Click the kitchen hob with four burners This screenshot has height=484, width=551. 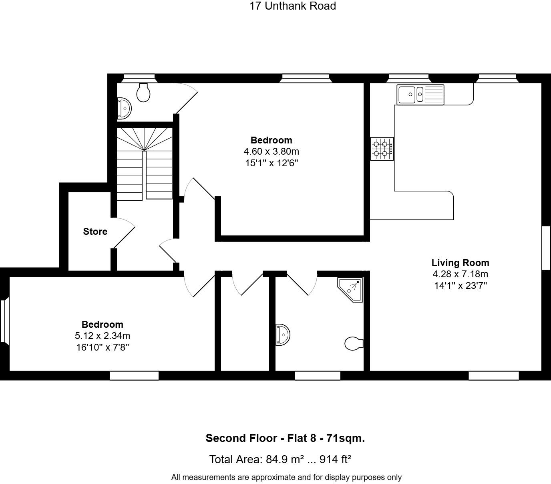(x=382, y=149)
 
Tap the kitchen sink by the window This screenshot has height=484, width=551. (x=420, y=95)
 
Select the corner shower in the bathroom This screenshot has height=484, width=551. (x=350, y=290)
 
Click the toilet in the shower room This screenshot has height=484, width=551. (x=354, y=343)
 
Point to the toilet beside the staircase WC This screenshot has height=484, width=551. (x=143, y=93)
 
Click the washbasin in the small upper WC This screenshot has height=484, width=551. (x=124, y=109)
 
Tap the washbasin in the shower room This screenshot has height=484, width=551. (x=283, y=335)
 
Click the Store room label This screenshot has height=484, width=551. (x=95, y=232)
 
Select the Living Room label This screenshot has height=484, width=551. (x=461, y=263)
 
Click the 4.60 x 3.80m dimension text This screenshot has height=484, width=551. (x=271, y=151)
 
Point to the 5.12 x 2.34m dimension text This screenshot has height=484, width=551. (x=103, y=336)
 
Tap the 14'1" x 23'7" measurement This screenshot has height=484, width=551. (x=461, y=286)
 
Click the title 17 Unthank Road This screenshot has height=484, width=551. (x=293, y=6)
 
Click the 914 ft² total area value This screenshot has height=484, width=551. (x=335, y=460)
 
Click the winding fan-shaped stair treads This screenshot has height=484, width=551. (x=145, y=139)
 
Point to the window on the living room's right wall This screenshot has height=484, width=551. (x=546, y=248)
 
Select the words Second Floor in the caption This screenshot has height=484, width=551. (x=241, y=438)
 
